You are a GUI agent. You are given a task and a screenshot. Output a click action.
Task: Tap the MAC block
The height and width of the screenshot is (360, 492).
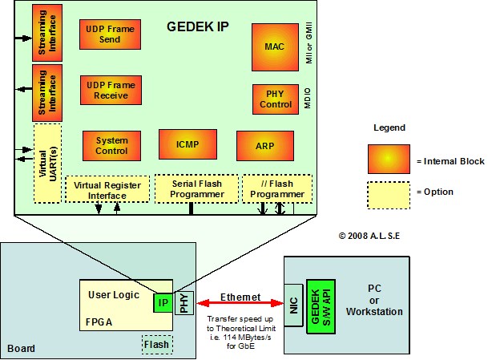pyautogui.click(x=274, y=47)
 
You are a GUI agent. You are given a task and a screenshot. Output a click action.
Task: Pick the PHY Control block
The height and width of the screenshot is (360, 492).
pyautogui.click(x=275, y=99)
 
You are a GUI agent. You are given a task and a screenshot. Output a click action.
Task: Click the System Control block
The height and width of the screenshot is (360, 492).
pyautogui.click(x=106, y=146)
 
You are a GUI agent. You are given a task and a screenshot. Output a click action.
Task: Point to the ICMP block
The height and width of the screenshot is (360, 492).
pyautogui.click(x=188, y=144)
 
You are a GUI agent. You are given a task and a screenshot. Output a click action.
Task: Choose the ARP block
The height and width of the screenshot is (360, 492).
pyautogui.click(x=264, y=146)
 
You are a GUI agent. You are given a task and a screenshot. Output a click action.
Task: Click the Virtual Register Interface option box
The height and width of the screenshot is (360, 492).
pyautogui.click(x=107, y=189)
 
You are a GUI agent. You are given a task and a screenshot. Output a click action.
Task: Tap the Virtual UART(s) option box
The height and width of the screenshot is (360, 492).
pyautogui.click(x=47, y=163)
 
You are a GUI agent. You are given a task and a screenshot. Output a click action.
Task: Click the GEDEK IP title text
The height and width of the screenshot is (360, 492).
pyautogui.click(x=197, y=25)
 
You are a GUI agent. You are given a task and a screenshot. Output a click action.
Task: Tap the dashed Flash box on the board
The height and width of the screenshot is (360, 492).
pyautogui.click(x=156, y=346)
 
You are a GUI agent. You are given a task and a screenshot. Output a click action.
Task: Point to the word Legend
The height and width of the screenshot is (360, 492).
pyautogui.click(x=390, y=127)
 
